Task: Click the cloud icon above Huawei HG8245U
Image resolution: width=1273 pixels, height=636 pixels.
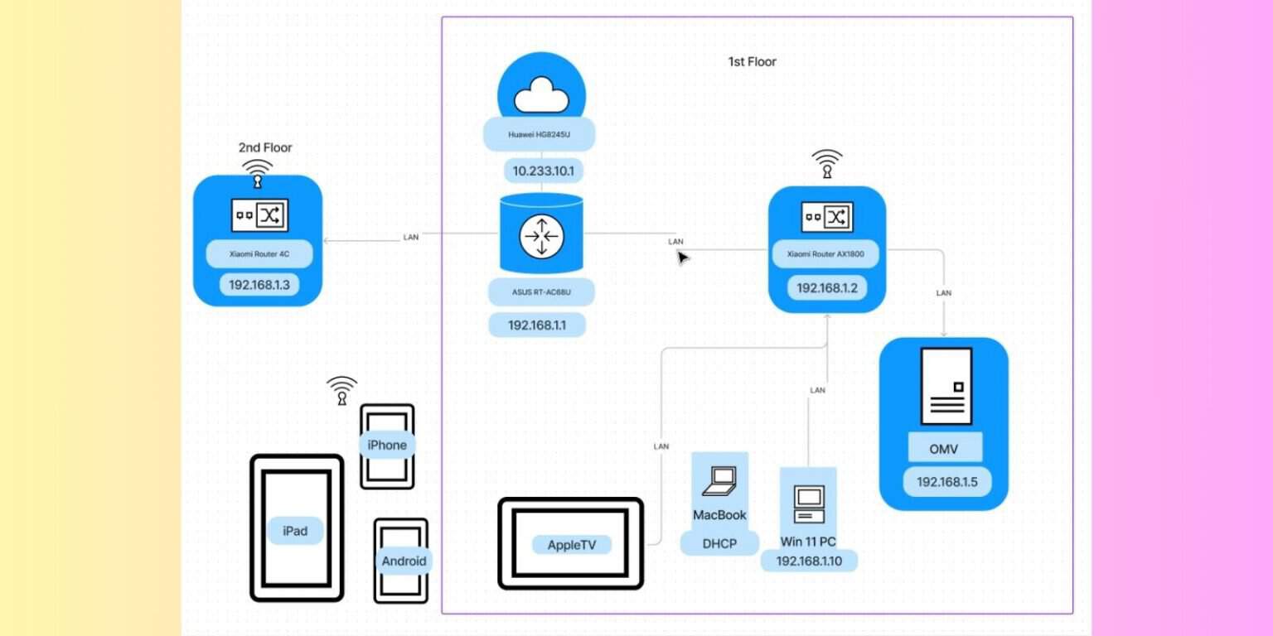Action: click(541, 98)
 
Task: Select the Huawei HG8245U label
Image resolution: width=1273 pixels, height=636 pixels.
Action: click(540, 134)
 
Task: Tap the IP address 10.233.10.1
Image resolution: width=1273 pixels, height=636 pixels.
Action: click(543, 171)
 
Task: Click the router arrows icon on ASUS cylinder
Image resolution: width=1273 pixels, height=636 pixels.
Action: click(541, 237)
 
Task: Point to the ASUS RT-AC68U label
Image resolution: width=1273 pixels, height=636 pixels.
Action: click(541, 291)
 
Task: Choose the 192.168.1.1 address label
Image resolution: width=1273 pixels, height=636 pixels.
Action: click(536, 325)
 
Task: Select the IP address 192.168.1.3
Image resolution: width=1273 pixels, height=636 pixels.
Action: click(258, 285)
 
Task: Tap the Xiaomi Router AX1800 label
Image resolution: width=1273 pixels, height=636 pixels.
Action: click(825, 255)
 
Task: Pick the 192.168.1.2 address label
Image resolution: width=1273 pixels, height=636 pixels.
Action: click(826, 288)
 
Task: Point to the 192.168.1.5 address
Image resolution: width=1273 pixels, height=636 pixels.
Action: click(946, 482)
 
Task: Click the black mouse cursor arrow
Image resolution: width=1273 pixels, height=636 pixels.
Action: click(683, 258)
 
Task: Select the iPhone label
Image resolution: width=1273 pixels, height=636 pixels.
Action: click(387, 446)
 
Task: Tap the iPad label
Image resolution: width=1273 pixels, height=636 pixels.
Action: click(295, 531)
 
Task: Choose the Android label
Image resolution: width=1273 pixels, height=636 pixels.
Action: click(404, 561)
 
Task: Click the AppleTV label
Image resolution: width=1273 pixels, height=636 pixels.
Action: click(571, 545)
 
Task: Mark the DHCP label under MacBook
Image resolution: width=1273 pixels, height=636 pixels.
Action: click(719, 543)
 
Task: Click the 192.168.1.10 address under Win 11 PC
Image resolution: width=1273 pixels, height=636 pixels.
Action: click(808, 561)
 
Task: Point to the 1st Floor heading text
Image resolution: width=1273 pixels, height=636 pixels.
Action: click(752, 61)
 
